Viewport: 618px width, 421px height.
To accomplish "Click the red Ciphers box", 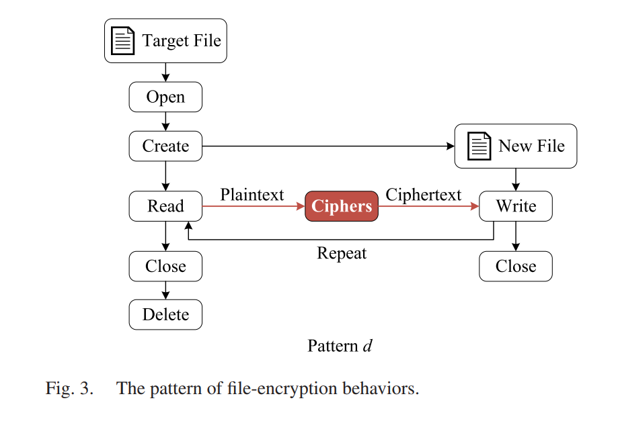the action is point(342,206).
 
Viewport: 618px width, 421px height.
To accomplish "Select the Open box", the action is point(165,97).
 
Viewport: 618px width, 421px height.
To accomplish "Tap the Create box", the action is point(165,146).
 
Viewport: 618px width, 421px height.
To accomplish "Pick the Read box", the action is point(165,206).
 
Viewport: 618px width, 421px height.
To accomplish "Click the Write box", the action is point(516,206).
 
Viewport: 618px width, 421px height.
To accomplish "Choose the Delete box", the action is point(165,315).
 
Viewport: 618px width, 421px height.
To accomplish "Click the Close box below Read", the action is point(165,267).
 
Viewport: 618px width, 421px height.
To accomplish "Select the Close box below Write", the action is point(516,267).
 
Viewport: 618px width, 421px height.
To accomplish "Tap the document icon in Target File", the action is point(122,40).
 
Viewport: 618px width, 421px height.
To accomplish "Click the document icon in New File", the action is point(479,146).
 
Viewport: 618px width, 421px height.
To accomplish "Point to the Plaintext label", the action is point(252,195).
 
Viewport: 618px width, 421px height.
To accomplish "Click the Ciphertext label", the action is point(423,195).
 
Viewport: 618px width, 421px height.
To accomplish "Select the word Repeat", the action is point(342,253).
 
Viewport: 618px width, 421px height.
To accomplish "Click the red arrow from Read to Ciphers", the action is point(254,206).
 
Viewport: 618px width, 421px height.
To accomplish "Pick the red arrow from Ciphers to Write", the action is point(429,206).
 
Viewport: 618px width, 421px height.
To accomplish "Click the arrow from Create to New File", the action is point(328,146).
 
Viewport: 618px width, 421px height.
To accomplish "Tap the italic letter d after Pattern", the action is point(367,346).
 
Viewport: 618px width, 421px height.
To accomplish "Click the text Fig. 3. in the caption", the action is point(69,388).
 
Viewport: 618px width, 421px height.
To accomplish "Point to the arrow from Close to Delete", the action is point(165,290).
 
